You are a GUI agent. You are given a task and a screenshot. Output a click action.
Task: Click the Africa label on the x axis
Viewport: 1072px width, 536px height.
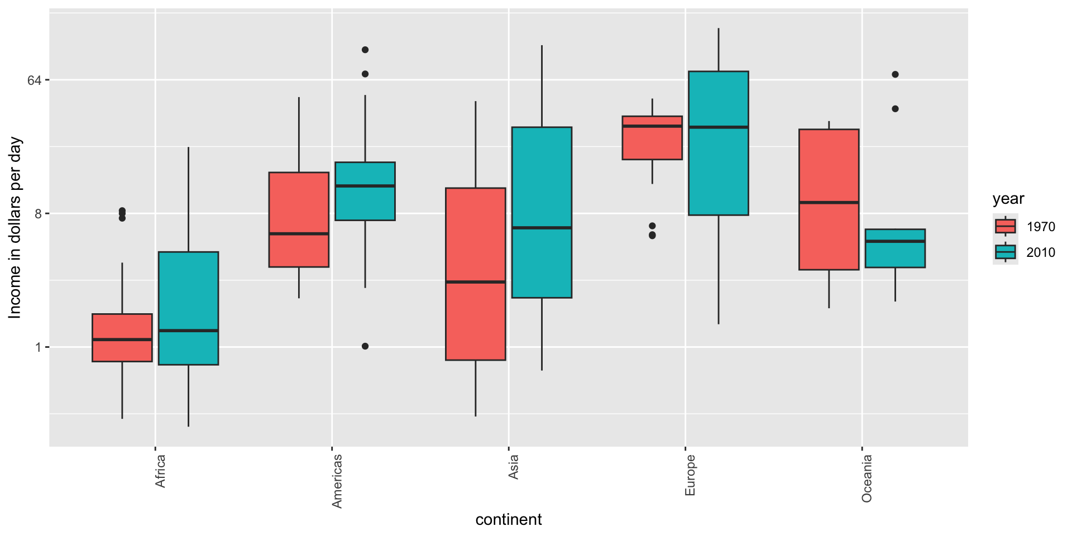161,471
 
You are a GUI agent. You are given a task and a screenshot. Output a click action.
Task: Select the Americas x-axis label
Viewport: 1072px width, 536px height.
337,481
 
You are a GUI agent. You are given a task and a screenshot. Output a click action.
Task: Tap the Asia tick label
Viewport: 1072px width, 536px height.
514,467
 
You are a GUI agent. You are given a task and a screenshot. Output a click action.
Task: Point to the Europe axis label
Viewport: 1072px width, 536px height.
690,475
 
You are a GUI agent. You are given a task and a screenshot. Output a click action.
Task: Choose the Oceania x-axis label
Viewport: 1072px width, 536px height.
867,478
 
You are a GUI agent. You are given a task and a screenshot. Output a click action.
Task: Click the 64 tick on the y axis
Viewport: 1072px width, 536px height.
35,80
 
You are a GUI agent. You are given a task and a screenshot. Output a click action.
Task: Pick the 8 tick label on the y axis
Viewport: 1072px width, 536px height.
38,214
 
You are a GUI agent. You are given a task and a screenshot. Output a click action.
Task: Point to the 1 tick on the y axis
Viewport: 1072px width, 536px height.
38,347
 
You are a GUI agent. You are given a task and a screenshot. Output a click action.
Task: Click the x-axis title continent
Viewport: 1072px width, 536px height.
508,520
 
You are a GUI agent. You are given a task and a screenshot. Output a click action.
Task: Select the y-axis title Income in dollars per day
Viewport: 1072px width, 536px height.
15,228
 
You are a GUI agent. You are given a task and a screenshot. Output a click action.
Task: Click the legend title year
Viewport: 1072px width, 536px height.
1008,199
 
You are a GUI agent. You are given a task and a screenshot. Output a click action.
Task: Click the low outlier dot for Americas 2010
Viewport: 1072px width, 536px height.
365,346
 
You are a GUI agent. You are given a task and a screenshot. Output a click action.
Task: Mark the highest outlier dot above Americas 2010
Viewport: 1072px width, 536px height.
365,50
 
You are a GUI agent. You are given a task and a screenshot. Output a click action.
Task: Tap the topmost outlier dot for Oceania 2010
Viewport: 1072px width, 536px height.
895,74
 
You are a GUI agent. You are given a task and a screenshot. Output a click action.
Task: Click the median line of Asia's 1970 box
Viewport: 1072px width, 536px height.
475,282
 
